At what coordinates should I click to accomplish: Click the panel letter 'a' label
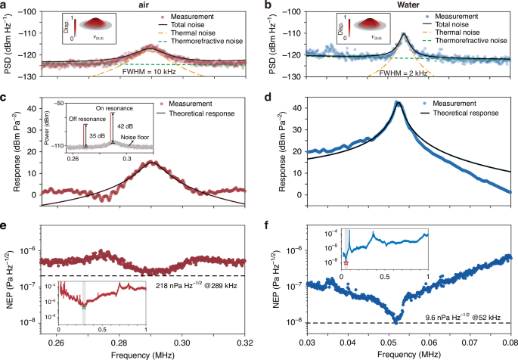[4, 5]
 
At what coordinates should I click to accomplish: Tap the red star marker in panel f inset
[346, 262]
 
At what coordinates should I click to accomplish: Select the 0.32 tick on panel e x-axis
[243, 342]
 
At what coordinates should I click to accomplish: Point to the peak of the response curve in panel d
[398, 101]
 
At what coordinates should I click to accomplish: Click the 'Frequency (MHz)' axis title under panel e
[143, 354]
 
